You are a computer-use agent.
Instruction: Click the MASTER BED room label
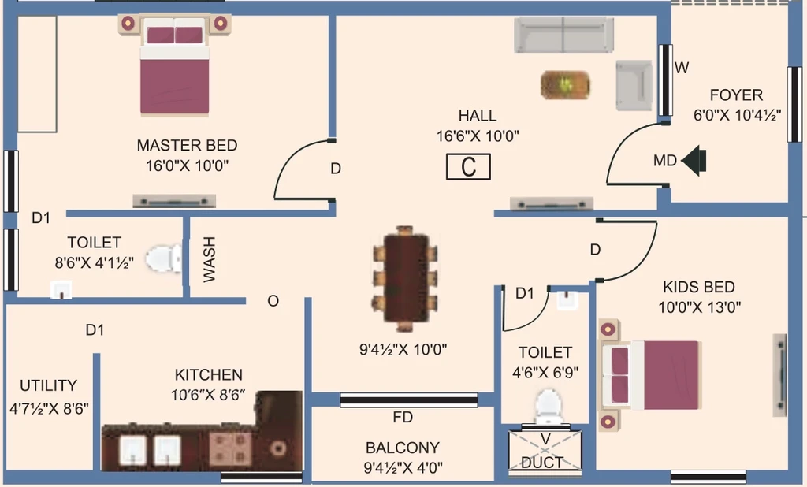pos(187,145)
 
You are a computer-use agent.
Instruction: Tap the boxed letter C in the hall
pos(468,167)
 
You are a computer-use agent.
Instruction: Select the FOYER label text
pos(736,95)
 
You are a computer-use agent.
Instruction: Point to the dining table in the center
pos(406,278)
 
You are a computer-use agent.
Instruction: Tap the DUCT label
pos(541,463)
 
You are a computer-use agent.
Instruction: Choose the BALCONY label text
pos(403,448)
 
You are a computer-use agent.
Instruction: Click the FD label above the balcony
pos(403,417)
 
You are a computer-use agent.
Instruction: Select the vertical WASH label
pos(209,259)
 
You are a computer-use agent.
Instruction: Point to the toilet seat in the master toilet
pos(164,258)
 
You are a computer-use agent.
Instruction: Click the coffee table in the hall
pos(565,85)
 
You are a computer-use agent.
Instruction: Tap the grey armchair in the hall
pos(634,85)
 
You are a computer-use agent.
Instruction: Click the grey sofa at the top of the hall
pos(563,35)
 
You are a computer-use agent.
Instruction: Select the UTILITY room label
pos(48,385)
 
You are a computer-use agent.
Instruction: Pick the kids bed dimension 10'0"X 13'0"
pos(700,307)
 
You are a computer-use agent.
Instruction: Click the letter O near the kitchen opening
pos(273,301)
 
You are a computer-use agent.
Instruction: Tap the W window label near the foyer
pos(682,68)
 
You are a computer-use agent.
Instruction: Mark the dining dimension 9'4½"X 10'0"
pos(403,350)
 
